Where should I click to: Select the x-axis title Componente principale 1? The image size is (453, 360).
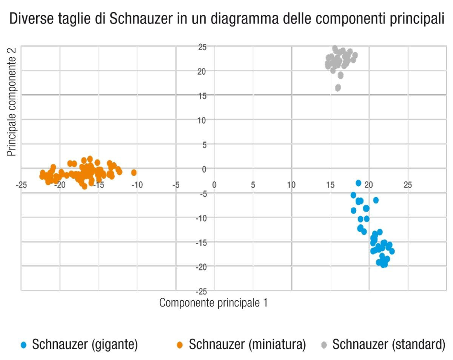[214, 302]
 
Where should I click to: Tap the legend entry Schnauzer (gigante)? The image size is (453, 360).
[85, 344]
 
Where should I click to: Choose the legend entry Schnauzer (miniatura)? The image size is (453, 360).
[247, 344]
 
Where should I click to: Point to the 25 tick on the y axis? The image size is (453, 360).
[202, 48]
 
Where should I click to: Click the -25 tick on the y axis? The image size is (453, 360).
[201, 291]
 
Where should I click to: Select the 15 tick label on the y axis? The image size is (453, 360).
[203, 96]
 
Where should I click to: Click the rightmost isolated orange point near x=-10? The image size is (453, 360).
[134, 172]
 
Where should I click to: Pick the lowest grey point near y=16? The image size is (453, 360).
[338, 88]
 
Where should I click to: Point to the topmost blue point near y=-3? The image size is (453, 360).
[358, 183]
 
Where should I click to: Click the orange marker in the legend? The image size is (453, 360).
[180, 345]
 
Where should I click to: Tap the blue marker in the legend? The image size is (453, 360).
[23, 345]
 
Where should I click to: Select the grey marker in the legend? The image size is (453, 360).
[324, 345]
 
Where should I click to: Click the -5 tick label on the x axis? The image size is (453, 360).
[175, 185]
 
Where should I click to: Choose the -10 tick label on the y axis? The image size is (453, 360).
[201, 218]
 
